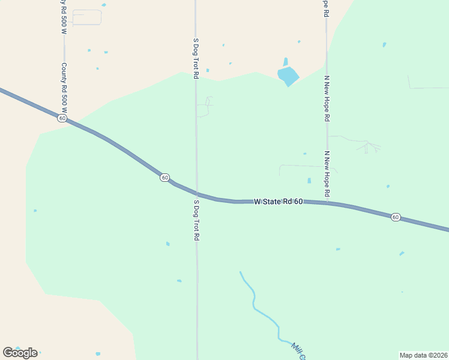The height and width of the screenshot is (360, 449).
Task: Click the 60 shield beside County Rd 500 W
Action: [62, 118]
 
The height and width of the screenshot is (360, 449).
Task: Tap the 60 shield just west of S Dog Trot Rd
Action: [164, 178]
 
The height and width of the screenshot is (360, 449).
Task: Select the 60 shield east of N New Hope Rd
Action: [396, 217]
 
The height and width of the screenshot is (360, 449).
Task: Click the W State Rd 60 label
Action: [278, 202]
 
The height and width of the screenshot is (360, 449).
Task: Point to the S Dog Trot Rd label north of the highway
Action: [195, 59]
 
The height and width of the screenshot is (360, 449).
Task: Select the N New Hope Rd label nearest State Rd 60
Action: [327, 174]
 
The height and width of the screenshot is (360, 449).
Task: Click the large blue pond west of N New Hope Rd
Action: [288, 76]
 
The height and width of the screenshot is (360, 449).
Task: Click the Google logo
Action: [20, 353]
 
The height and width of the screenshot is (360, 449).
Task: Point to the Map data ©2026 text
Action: [423, 355]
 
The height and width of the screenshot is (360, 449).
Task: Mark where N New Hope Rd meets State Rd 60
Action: [327, 203]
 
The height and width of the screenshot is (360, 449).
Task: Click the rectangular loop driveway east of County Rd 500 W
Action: [87, 17]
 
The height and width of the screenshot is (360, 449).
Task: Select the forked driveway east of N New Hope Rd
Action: [368, 145]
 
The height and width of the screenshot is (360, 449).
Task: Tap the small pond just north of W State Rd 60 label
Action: [309, 181]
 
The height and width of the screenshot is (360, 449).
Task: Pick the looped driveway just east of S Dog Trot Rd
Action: [206, 106]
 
